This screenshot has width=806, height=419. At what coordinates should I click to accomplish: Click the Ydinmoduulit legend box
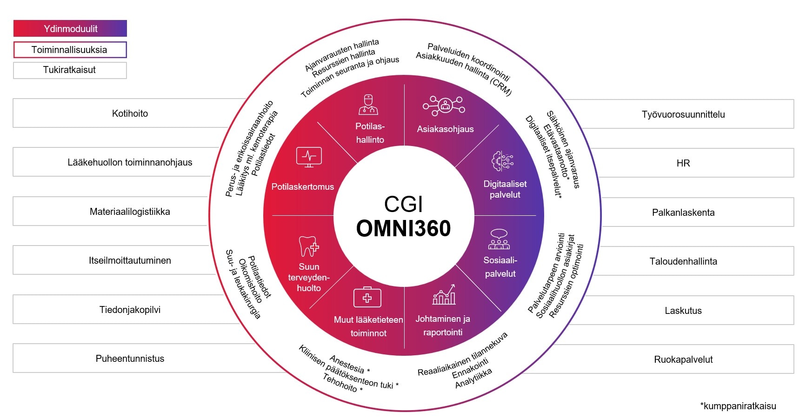[x=70, y=28]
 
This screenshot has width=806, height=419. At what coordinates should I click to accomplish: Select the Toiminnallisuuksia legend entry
[x=70, y=50]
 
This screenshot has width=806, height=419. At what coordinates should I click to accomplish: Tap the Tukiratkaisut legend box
[x=70, y=70]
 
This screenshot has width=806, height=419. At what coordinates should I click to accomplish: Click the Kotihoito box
[x=130, y=113]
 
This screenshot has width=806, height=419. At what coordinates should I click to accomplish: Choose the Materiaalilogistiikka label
[x=130, y=212]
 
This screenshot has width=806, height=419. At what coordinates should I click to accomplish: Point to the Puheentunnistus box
[x=130, y=359]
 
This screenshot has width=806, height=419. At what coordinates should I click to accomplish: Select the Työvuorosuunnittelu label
[x=683, y=114]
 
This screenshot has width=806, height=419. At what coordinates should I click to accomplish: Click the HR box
[x=683, y=163]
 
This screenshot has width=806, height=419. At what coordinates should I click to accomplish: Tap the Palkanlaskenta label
[x=683, y=213]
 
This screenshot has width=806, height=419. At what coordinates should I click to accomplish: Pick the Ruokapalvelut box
[x=683, y=359]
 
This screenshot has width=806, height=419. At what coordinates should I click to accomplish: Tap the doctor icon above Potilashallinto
[x=368, y=105]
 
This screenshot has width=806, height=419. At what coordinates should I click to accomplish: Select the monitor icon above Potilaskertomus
[x=309, y=157]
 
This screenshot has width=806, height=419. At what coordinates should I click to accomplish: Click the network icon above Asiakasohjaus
[x=444, y=106]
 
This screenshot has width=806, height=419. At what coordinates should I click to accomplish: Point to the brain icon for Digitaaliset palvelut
[x=502, y=161]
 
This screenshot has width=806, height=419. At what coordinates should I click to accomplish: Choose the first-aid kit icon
[x=367, y=297]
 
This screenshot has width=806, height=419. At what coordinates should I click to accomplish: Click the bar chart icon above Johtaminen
[x=444, y=295]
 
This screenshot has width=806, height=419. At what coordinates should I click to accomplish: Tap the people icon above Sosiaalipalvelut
[x=499, y=239]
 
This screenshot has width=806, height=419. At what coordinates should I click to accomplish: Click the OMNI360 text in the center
[x=403, y=228]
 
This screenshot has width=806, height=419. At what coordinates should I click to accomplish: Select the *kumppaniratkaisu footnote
[x=738, y=406]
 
